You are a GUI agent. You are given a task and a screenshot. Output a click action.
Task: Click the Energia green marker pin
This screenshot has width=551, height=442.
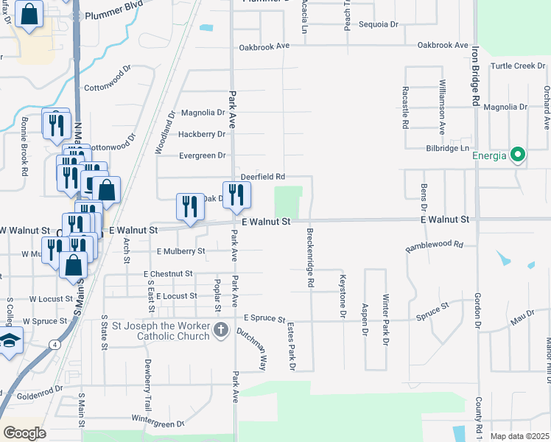click(518, 155)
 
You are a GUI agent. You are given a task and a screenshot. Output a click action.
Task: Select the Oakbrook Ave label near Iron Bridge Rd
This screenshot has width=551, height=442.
click(443, 46)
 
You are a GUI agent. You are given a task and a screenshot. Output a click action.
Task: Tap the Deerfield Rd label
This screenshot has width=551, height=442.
click(263, 177)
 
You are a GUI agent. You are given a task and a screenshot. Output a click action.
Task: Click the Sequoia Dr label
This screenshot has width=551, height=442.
click(378, 24)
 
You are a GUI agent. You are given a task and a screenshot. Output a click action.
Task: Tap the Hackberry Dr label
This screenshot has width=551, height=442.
click(201, 134)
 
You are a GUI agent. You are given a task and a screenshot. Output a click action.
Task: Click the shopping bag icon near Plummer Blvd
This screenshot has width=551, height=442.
click(29, 15)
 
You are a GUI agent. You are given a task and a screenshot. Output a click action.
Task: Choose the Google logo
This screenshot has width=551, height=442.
click(24, 433)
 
